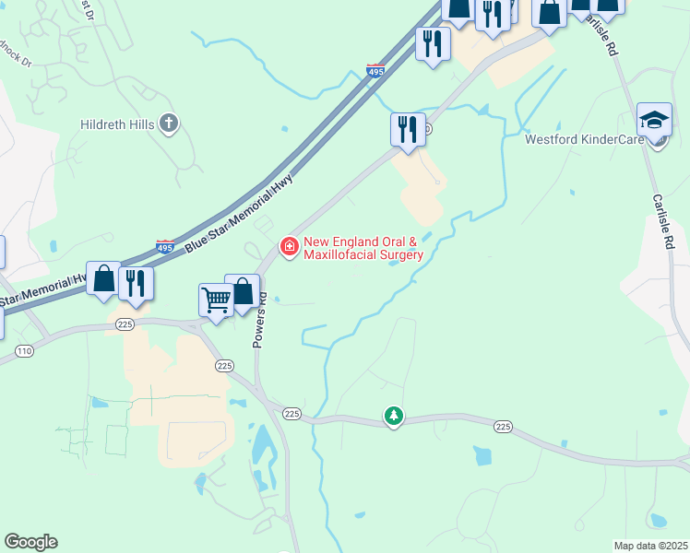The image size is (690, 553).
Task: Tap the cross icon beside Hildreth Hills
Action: (168, 122)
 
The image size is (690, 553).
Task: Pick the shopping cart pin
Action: (216, 299)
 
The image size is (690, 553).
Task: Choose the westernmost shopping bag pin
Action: (103, 277)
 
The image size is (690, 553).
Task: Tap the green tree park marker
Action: (394, 417)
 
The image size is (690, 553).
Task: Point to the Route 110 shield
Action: (24, 351)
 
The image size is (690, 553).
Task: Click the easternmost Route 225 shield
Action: (503, 426)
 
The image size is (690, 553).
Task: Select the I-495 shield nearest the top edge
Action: (375, 70)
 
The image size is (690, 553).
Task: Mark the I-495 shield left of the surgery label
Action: (164, 247)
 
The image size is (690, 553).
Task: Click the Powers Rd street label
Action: (262, 321)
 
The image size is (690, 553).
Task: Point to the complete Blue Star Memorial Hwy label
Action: (237, 213)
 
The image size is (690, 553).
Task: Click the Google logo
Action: (30, 542)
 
